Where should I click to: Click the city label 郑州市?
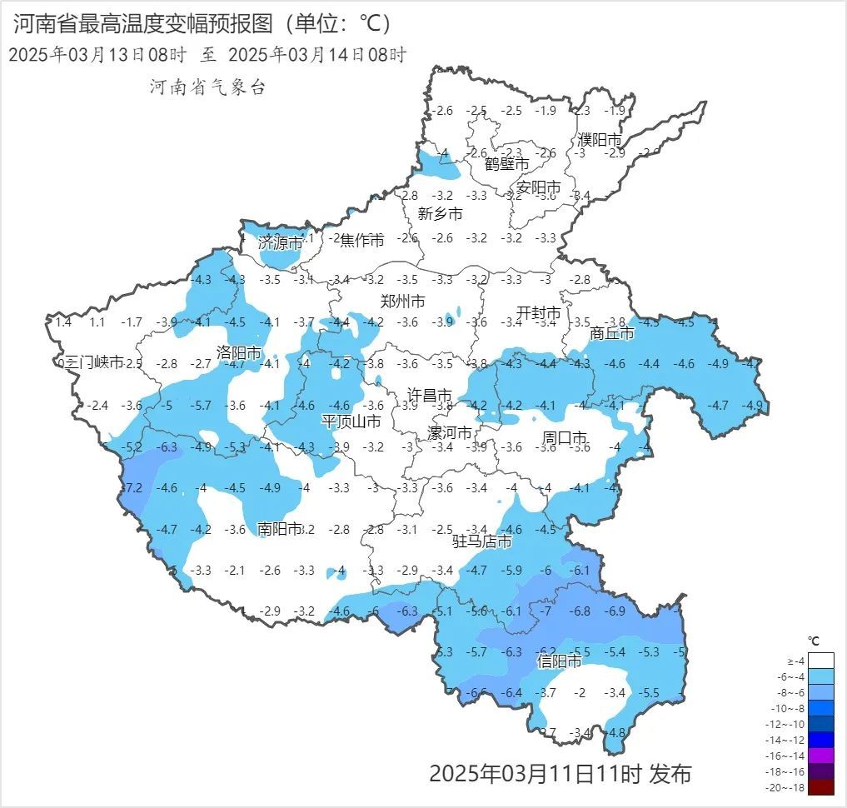tap(403, 301)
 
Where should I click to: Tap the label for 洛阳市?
tap(239, 352)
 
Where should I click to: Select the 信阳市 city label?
tap(559, 661)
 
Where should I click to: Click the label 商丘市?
tap(611, 333)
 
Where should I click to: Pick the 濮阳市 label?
tap(599, 140)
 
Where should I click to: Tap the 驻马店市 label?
tap(482, 541)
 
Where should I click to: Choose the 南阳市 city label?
tap(279, 528)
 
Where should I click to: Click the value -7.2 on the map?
tap(133, 487)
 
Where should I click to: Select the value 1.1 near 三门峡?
tap(97, 322)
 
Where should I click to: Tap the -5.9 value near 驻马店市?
tap(512, 571)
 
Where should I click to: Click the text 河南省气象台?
tap(207, 87)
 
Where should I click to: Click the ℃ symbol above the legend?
tap(814, 641)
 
